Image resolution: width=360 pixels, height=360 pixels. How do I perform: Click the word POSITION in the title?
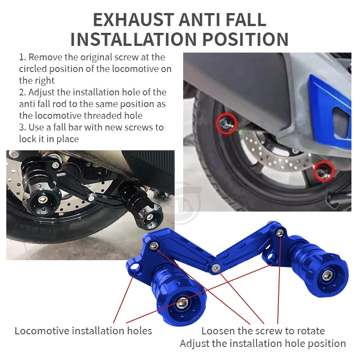coord(245,40)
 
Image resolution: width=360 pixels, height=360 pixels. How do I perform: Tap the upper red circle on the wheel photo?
coord(226,123)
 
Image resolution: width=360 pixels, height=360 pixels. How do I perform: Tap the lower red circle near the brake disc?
coord(324,171)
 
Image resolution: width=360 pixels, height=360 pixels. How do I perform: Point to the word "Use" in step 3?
coord(36,127)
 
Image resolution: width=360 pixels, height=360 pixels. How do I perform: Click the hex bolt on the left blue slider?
coord(182,303)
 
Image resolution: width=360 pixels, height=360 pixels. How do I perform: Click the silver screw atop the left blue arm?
coord(154,246)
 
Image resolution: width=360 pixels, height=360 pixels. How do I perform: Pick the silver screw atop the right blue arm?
coord(280,233)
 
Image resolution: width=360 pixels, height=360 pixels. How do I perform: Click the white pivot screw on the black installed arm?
coord(91,198)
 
